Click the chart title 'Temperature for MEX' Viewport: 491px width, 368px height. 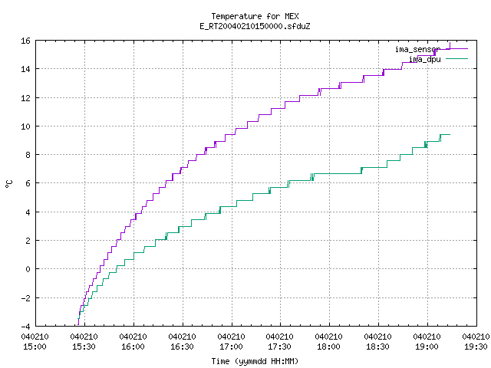255,16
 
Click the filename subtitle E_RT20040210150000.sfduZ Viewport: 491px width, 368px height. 255,26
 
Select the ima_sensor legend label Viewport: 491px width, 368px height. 417,49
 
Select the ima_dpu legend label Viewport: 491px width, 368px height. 425,59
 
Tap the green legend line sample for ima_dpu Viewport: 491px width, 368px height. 456,58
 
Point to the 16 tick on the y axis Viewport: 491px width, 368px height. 25,41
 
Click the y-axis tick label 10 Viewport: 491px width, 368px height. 25,127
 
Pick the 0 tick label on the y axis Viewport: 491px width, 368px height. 28,269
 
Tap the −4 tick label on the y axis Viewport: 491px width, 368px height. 25,327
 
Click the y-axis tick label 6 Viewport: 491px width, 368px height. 28,183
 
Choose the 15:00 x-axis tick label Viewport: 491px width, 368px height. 35,347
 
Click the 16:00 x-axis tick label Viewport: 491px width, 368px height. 133,347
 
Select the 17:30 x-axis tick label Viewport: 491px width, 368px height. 279,347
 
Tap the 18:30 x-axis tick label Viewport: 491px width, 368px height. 377,347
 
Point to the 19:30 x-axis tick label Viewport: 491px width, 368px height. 476,347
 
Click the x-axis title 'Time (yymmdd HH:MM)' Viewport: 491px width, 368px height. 255,361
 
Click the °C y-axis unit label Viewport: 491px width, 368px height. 8,184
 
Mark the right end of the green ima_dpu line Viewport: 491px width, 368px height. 450,135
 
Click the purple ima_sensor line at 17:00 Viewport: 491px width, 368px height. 232,135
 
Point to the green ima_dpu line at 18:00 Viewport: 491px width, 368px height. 329,174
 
